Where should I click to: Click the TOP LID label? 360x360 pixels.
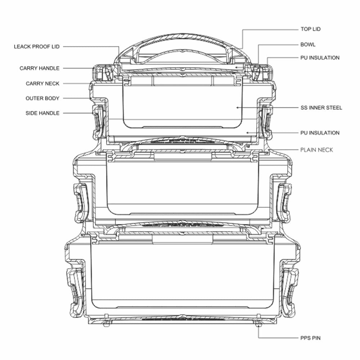tap(311, 29)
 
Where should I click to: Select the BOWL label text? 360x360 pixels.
tap(308, 45)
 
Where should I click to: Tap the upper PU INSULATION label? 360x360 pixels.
tap(320, 58)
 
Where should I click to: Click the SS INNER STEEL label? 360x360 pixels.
tap(321, 108)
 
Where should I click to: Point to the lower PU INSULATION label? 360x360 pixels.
tap(320, 133)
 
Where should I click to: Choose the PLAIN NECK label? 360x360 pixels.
tap(316, 150)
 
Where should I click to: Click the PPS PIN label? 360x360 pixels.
tap(310, 338)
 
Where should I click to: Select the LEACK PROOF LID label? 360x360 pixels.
tap(37, 46)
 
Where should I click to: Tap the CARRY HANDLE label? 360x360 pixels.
tap(40, 68)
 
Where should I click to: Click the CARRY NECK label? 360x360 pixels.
tap(42, 84)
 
